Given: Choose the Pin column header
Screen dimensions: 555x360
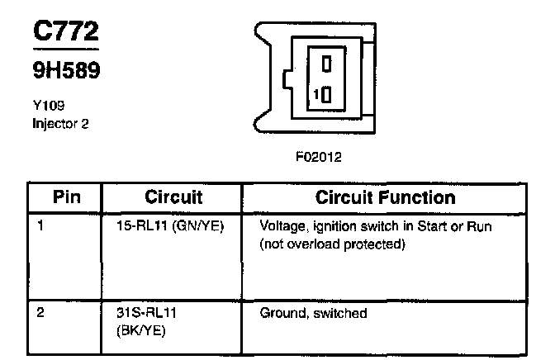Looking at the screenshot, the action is [64, 198].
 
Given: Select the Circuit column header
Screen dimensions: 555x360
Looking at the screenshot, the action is [173, 198].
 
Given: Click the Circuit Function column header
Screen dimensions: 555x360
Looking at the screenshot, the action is [385, 198].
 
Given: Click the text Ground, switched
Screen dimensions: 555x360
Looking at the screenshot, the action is [313, 314].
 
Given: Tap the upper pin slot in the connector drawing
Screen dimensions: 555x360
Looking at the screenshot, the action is [327, 61].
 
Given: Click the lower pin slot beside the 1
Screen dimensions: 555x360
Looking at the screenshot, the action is [327, 94].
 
